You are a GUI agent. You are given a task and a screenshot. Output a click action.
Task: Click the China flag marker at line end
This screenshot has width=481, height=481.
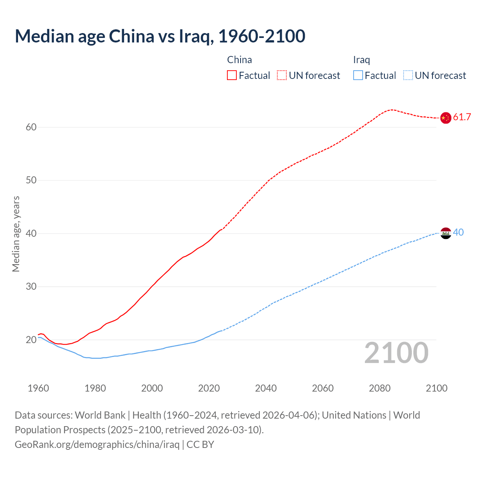(x=446, y=118)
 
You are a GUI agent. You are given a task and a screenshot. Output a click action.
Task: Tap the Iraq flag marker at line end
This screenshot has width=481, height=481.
(x=446, y=233)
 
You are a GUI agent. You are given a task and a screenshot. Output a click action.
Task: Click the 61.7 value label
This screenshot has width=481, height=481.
(x=462, y=117)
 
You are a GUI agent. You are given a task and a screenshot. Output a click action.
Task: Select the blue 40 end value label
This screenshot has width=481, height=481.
(x=458, y=233)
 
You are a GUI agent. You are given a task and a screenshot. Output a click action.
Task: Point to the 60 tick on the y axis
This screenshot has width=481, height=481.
(x=31, y=127)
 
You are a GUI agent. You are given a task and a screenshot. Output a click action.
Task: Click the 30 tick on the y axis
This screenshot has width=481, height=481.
(x=31, y=287)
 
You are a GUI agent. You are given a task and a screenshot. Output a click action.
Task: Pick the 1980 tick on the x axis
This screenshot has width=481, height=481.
(x=95, y=388)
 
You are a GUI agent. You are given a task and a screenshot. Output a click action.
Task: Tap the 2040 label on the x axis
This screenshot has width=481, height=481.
(x=266, y=388)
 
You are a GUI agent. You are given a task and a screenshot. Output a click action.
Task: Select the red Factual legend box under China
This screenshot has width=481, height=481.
(x=232, y=76)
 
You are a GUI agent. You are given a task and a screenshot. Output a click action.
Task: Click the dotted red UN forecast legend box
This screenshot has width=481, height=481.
(x=282, y=76)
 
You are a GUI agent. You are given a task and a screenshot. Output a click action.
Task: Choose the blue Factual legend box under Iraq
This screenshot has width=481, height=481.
(x=358, y=76)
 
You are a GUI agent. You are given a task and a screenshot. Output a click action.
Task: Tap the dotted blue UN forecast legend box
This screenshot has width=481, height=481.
(x=408, y=76)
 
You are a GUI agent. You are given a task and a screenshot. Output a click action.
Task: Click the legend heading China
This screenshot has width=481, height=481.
(x=239, y=60)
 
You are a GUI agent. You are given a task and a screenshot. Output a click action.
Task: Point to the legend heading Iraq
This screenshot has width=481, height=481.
(x=362, y=60)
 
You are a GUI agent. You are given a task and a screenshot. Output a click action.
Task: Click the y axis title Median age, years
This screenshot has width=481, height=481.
(x=16, y=234)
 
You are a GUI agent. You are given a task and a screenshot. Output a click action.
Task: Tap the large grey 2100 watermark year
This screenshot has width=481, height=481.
(x=396, y=353)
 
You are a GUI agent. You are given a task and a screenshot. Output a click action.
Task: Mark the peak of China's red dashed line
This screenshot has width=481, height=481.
(x=392, y=110)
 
